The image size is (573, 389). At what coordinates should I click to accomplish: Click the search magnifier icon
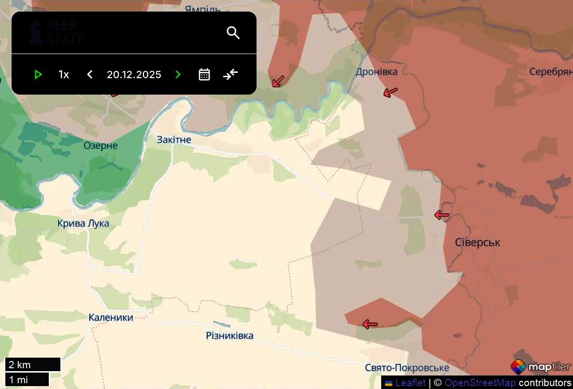point(233,33)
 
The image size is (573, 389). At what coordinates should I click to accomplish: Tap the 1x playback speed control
point(64,74)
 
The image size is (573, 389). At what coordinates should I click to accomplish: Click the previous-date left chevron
point(89,74)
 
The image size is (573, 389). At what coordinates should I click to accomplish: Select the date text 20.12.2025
point(134,74)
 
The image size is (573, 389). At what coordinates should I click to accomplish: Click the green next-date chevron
point(178,74)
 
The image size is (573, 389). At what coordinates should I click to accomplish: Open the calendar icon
point(204,74)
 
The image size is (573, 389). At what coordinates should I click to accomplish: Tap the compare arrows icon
point(230,74)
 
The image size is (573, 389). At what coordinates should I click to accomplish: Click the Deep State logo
point(56,32)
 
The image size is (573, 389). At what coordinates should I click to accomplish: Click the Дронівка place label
point(376,72)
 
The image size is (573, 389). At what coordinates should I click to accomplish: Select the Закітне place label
point(174,140)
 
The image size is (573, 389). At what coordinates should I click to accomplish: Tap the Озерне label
point(100,145)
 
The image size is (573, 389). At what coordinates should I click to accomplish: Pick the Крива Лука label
point(83,223)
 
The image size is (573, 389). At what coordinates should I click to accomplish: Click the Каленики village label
point(111,318)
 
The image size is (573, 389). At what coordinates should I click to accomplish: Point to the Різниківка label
point(229,335)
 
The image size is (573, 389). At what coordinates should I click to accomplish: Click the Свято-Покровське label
point(407,368)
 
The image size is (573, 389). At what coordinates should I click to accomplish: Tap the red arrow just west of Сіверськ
point(442,215)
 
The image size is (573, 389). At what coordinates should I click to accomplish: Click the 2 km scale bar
point(33,364)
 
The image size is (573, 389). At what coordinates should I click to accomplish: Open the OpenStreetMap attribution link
point(480,383)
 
